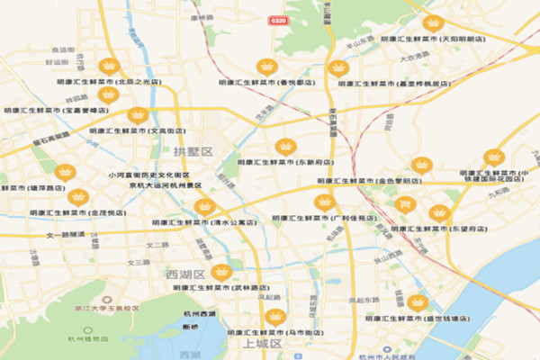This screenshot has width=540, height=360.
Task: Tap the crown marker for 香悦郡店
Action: coord(266,66)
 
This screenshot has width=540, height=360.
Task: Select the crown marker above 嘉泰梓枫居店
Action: coord(338,67)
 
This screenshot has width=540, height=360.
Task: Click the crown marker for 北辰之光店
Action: coord(109,66)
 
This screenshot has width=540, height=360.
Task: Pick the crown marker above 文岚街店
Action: coord(138,115)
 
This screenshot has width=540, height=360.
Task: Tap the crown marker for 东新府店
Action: coord(286,147)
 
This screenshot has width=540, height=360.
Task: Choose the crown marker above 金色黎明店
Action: coord(421,166)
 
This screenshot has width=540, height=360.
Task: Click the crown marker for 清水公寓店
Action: coord(203,207)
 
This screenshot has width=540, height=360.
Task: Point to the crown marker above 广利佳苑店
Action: coord(324,202)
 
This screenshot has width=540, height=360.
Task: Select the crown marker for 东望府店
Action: coord(438,212)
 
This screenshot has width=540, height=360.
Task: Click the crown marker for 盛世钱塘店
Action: coord(417,302)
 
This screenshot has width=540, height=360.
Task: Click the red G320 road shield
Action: coord(278,19)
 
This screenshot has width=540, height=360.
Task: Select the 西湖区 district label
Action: coord(186,274)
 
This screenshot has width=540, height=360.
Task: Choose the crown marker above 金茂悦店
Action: coord(79,197)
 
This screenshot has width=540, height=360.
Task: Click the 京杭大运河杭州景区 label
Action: coord(165,184)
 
